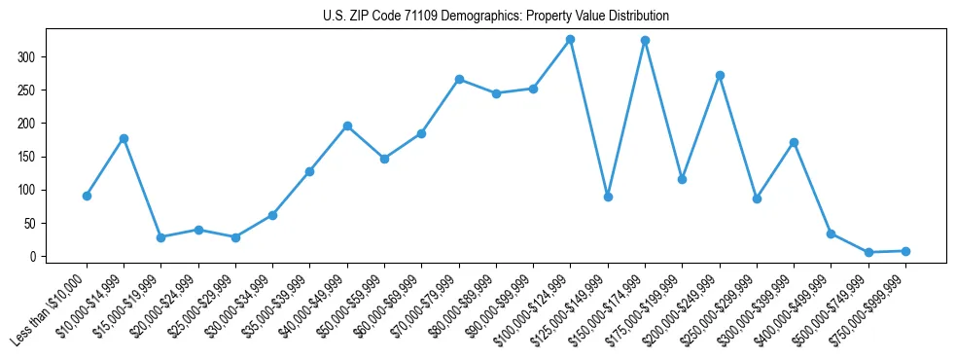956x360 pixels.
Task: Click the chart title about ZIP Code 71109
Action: [x=495, y=17]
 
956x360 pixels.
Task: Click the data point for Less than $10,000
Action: [x=87, y=196]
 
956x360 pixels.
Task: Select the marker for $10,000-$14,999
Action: [x=124, y=138]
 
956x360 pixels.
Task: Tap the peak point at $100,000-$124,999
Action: [x=570, y=40]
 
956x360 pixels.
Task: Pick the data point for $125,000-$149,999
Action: [x=608, y=197]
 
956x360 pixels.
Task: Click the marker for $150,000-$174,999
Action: [x=645, y=41]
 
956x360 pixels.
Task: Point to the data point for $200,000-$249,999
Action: [x=720, y=75]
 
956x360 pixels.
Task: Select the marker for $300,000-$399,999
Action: [x=794, y=142]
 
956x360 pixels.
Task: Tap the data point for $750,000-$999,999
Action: [x=905, y=251]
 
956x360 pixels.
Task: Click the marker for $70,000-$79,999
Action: [x=459, y=79]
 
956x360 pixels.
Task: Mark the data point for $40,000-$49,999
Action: [x=347, y=126]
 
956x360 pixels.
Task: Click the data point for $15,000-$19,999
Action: [x=160, y=237]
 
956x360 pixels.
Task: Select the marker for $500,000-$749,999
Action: [x=868, y=252]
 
